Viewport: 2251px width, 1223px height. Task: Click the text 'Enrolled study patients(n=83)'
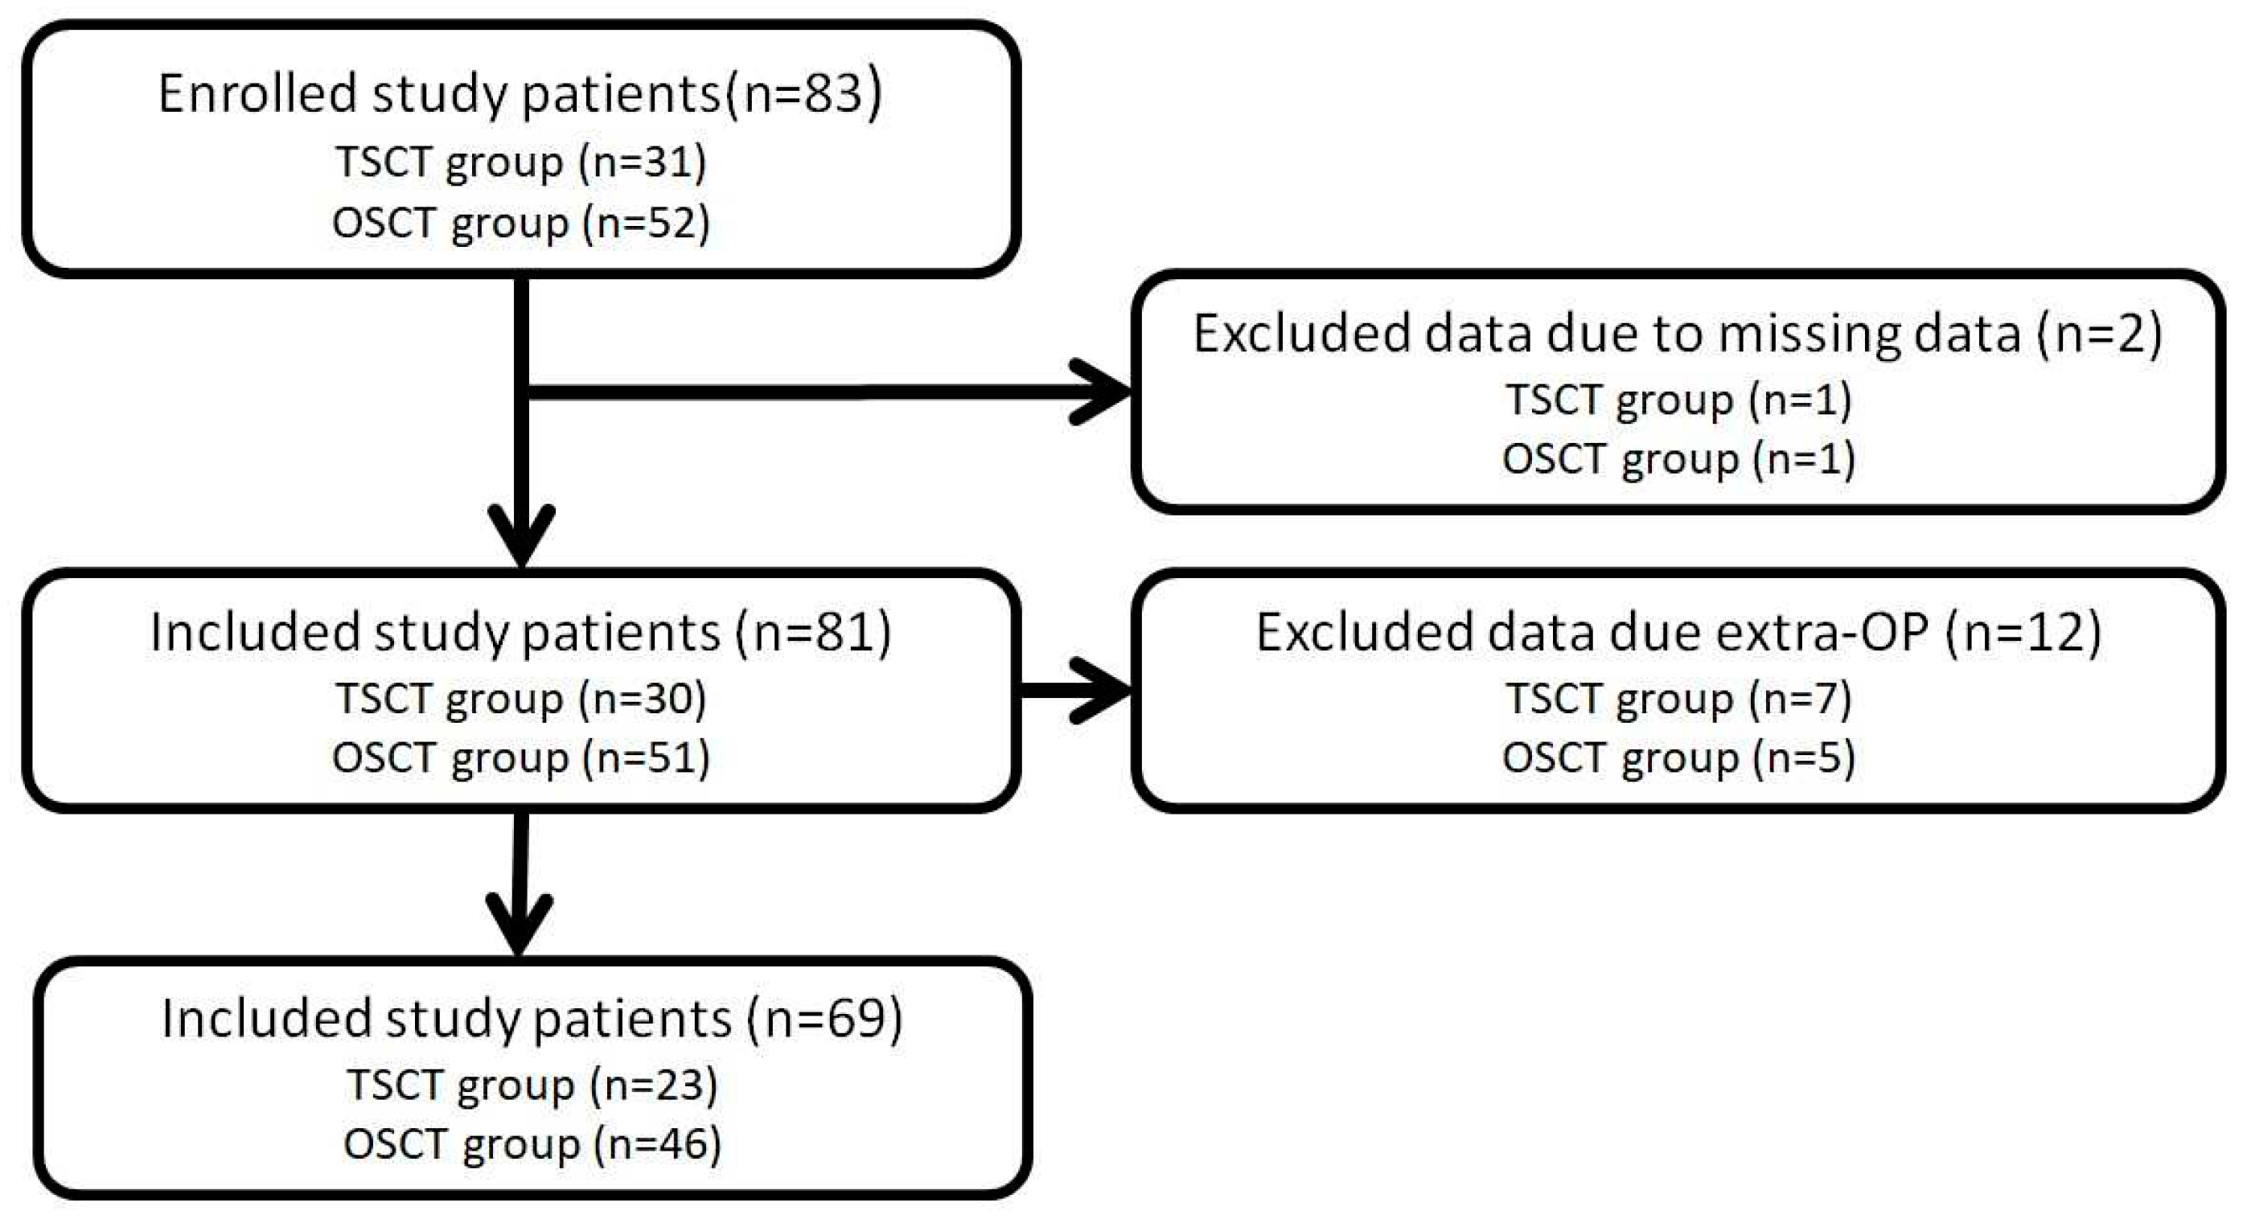point(520,93)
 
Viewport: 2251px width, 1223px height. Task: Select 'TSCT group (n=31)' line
point(521,162)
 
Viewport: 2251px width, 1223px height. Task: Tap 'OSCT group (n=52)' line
point(521,223)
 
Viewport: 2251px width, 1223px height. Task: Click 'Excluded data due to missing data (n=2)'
point(1678,334)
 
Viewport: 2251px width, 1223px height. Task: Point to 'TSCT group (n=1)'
point(1678,400)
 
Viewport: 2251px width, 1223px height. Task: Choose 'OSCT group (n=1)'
point(1678,458)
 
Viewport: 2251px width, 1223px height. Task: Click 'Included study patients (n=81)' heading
point(521,633)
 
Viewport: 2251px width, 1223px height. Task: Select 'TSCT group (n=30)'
point(521,699)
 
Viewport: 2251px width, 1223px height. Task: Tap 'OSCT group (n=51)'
point(521,757)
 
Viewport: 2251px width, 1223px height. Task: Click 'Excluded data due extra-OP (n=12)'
point(1678,633)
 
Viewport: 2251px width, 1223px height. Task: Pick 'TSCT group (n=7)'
point(1678,699)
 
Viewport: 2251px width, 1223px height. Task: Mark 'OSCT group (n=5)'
point(1678,757)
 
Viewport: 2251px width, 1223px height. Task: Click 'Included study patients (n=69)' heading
point(532,1019)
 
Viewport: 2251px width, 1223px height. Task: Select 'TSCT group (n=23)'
point(532,1085)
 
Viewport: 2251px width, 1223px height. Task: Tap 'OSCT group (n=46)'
point(532,1144)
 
